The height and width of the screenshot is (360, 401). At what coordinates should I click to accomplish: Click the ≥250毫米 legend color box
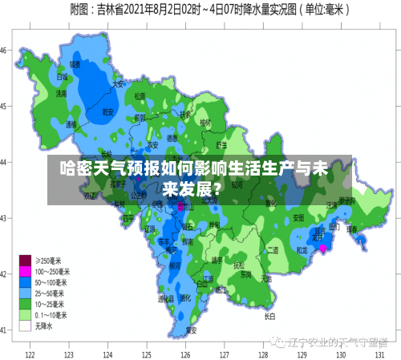click(25, 259)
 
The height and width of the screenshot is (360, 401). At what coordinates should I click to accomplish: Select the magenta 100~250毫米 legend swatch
click(25, 270)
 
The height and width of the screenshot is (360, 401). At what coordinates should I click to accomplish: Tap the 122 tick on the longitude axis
click(30, 353)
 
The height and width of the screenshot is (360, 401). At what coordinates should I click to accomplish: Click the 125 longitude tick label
click(147, 353)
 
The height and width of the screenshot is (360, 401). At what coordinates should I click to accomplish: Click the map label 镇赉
click(75, 64)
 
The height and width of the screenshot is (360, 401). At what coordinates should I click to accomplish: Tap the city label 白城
click(62, 78)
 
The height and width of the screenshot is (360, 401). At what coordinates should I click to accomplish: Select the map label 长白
click(270, 316)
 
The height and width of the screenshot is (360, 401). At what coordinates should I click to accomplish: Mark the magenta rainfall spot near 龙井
click(323, 249)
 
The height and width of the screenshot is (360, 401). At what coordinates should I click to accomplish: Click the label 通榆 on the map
click(71, 124)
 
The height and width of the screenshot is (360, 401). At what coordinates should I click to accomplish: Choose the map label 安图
click(298, 217)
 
